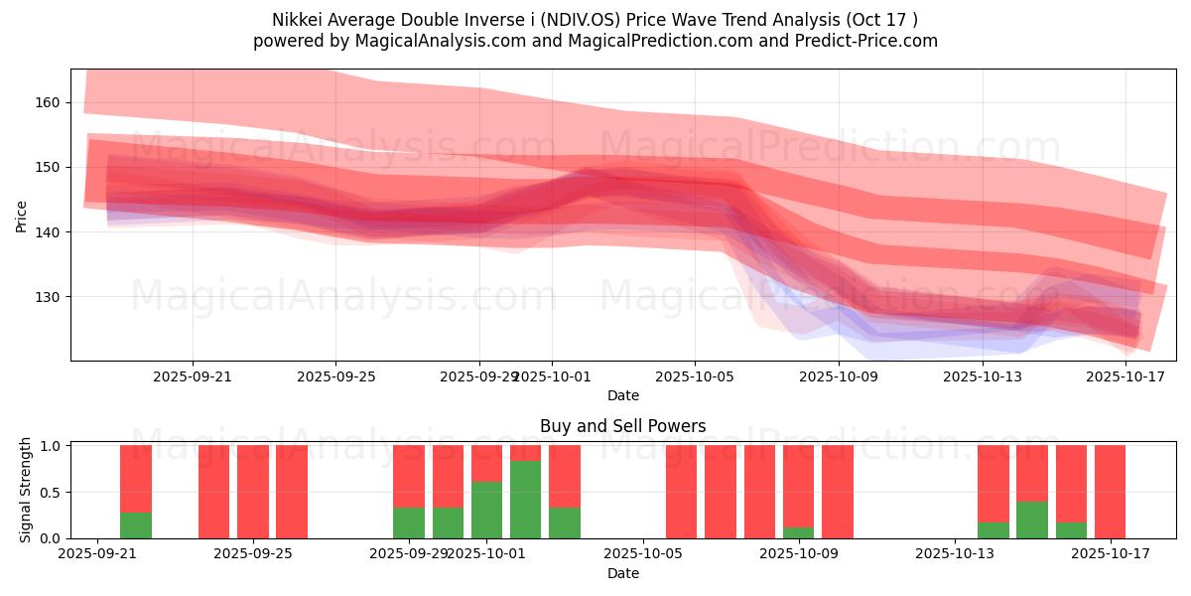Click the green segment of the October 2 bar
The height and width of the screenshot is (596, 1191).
click(x=525, y=500)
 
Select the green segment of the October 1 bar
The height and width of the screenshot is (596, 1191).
click(x=486, y=510)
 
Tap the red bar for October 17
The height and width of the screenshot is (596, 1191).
click(x=1110, y=492)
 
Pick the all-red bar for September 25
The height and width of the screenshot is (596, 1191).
click(x=253, y=492)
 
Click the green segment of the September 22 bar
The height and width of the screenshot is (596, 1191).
click(x=136, y=525)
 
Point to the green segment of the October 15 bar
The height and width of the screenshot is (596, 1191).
click(x=1032, y=520)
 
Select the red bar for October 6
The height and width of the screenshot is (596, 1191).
click(x=681, y=492)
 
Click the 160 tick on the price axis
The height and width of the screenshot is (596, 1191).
click(x=48, y=102)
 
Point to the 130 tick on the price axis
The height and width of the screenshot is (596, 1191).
click(x=48, y=297)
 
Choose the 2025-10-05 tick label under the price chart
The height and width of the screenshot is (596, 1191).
click(x=695, y=376)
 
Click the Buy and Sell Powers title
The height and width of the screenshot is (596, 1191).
click(x=622, y=426)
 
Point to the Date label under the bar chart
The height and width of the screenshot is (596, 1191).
click(x=622, y=573)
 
